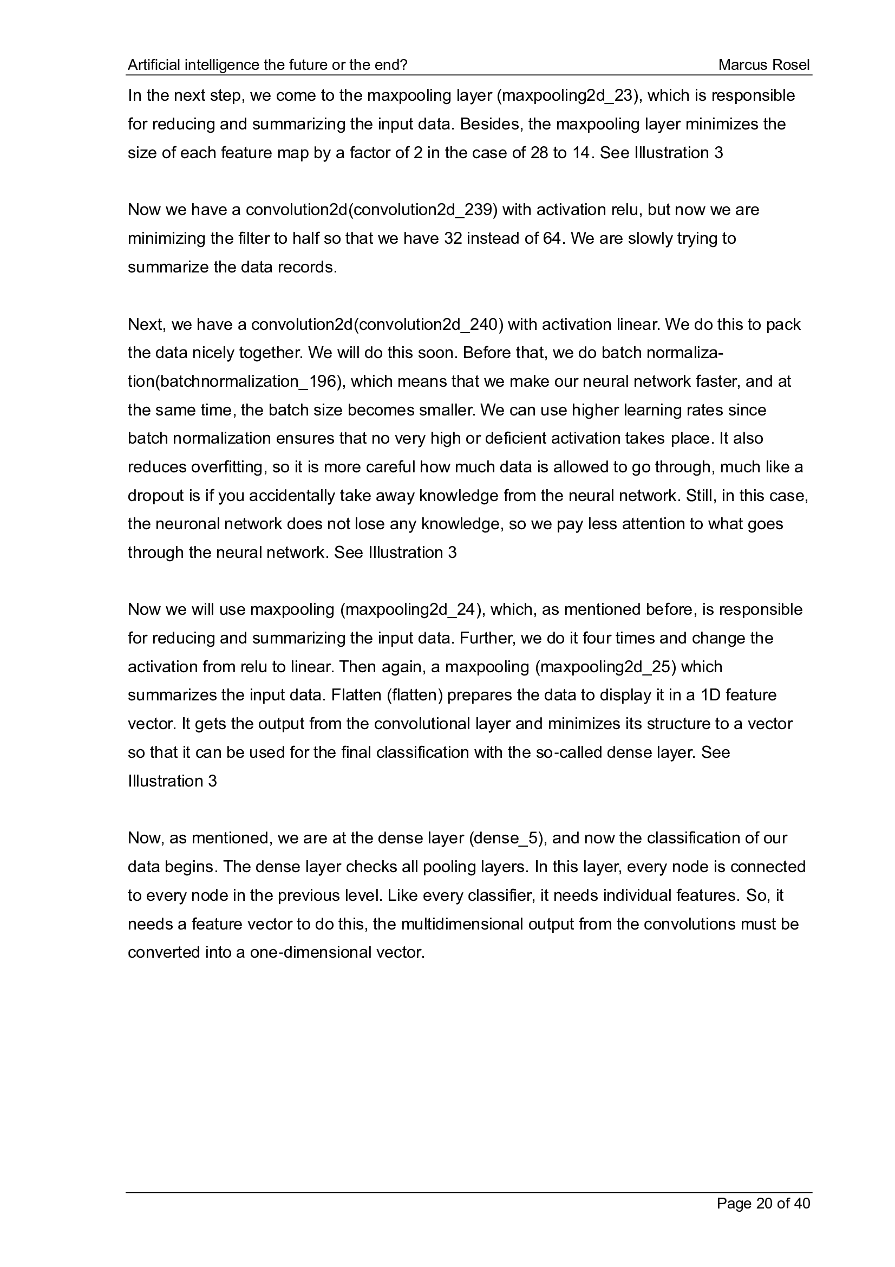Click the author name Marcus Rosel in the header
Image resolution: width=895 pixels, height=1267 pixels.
(x=764, y=65)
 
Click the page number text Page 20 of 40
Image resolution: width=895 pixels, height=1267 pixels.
(x=763, y=1203)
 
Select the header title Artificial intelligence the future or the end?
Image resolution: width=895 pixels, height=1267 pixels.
(x=267, y=65)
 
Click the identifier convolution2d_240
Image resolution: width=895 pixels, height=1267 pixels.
(x=429, y=324)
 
